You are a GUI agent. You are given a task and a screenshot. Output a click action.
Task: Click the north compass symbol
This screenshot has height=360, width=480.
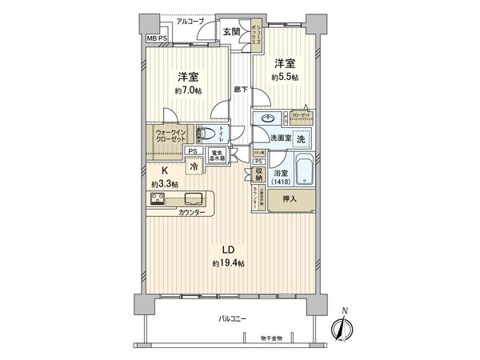point(343,326)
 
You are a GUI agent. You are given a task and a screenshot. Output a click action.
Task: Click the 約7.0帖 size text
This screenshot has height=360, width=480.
point(189,90)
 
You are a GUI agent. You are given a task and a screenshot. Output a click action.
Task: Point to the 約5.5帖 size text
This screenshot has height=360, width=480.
point(286,77)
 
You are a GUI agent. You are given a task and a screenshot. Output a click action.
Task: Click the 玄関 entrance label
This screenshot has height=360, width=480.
point(231,31)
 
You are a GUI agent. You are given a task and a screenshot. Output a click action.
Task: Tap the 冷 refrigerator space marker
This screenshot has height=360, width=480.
point(194,167)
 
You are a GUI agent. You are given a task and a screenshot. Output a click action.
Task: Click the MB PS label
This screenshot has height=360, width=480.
point(157,38)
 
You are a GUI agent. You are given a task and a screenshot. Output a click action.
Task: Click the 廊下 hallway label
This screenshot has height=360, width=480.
point(239,90)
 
